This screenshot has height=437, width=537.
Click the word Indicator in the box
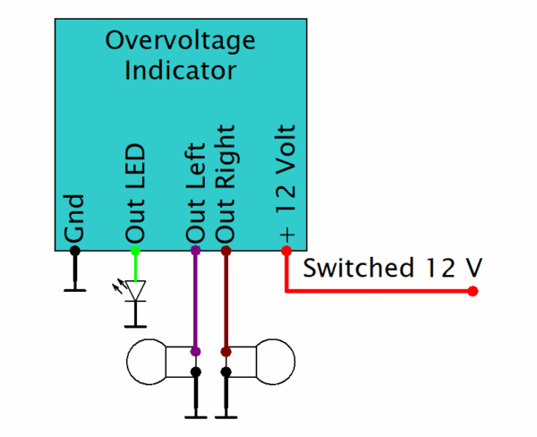[180, 70]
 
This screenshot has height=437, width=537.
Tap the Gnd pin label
[74, 218]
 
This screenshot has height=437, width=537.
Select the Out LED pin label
[136, 193]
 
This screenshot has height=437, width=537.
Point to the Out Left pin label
[195, 193]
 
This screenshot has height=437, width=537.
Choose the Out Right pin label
[226, 184]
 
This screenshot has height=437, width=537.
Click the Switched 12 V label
[393, 268]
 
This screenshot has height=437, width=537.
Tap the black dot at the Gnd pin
[75, 251]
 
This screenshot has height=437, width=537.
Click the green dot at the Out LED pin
[136, 251]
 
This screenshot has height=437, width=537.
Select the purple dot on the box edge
[195, 251]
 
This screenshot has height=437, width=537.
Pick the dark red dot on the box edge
[226, 251]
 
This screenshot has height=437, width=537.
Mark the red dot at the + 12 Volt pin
[286, 251]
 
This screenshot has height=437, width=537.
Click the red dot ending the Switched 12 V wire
[473, 291]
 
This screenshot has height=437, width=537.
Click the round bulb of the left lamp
[147, 362]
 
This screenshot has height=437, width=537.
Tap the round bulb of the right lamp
[276, 362]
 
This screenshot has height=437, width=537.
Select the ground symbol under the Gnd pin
[75, 273]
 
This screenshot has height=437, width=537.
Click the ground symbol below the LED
[136, 314]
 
